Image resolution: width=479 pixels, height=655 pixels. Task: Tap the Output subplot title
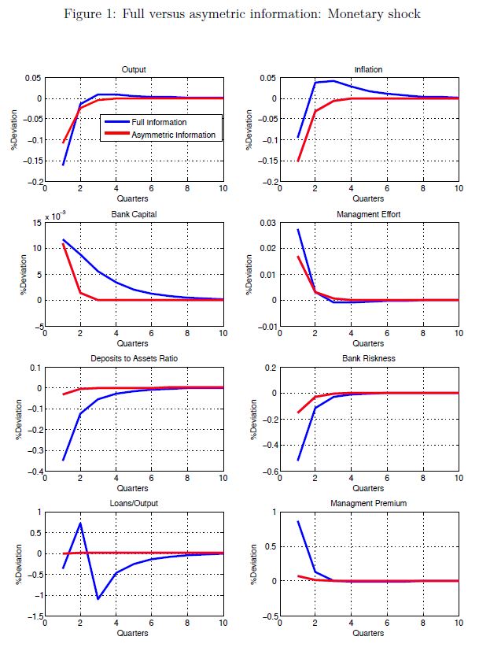(x=134, y=69)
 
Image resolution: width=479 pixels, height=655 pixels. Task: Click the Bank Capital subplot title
(x=134, y=215)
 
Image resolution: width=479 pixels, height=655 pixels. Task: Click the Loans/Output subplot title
(x=134, y=505)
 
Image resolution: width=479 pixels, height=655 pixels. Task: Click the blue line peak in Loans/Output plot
(x=80, y=523)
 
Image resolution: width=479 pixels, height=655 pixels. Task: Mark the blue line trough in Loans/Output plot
(x=98, y=599)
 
